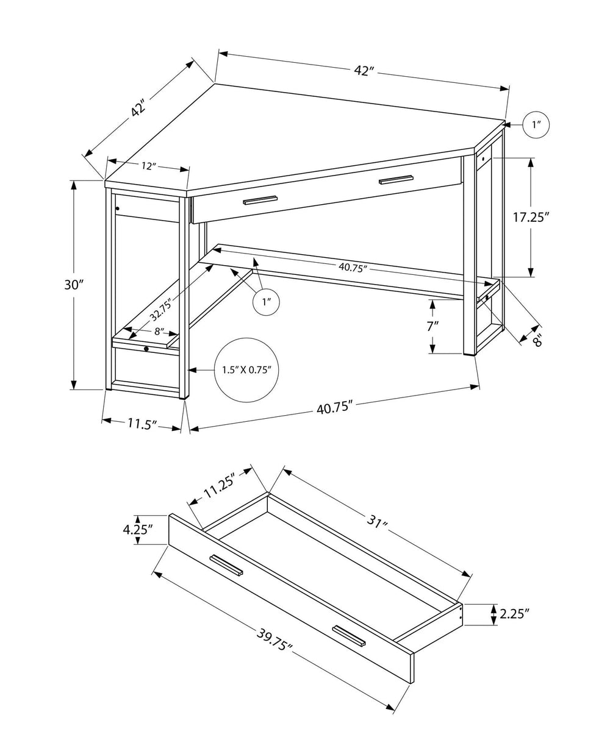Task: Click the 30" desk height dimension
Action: (73, 285)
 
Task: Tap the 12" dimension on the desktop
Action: (147, 166)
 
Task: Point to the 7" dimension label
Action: (432, 326)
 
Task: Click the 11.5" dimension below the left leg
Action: (142, 423)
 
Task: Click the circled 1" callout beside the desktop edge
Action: (536, 125)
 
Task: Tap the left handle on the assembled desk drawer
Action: (260, 200)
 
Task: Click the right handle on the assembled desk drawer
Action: (395, 179)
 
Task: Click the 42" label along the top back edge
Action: (364, 71)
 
